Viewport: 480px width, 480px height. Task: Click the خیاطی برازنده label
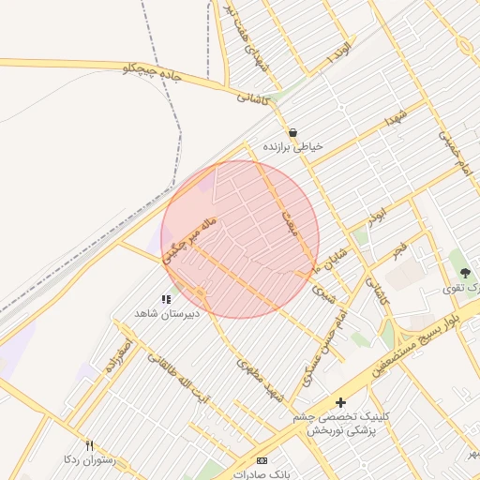[x=293, y=147]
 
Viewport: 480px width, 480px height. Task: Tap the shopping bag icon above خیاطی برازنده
[x=293, y=133]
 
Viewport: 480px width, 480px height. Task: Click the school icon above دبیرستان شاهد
[x=166, y=300]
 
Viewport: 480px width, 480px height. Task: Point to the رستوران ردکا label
[x=89, y=459]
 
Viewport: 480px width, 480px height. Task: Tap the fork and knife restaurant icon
[x=89, y=445]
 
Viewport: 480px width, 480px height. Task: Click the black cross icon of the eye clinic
[x=340, y=402]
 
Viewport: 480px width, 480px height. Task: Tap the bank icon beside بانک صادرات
[x=262, y=460]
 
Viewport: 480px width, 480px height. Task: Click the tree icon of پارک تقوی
[x=466, y=273]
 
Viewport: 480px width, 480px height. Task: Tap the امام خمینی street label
[x=452, y=149]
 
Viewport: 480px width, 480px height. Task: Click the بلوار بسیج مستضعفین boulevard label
[x=427, y=339]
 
